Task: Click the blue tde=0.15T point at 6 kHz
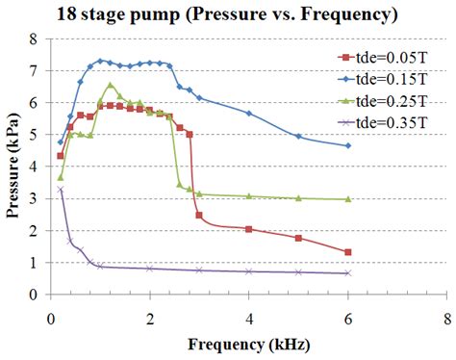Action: [347, 145]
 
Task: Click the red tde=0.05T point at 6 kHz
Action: [347, 252]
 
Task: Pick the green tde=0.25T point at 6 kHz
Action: [347, 199]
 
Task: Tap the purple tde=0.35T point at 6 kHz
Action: [347, 273]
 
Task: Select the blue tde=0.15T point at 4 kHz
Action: [248, 114]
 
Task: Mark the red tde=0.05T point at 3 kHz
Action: [199, 215]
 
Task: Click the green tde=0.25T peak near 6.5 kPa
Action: [110, 85]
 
